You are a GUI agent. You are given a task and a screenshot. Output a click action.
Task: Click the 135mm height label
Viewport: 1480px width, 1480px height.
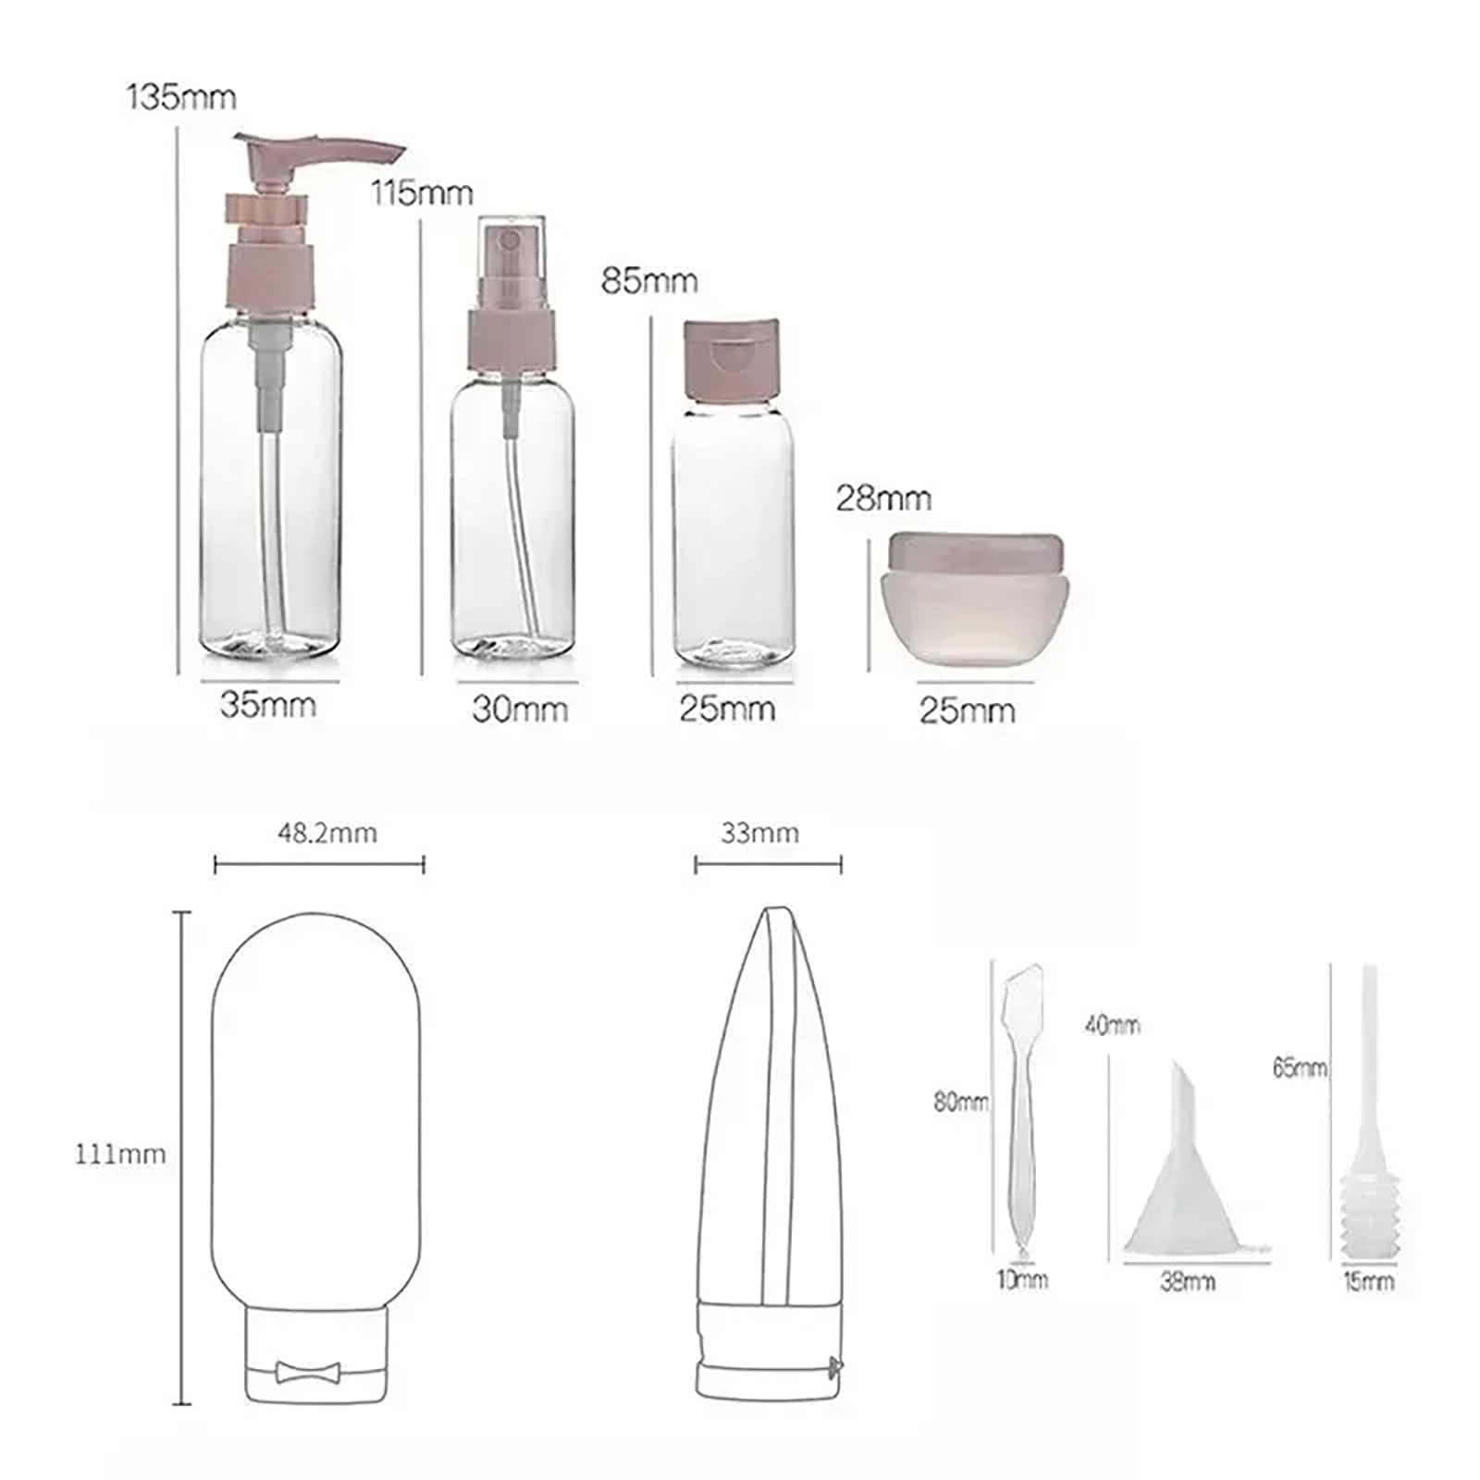click(181, 97)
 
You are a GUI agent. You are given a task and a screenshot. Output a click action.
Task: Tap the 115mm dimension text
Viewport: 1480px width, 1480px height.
click(422, 193)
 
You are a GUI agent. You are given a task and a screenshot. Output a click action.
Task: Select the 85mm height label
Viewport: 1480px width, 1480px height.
click(649, 280)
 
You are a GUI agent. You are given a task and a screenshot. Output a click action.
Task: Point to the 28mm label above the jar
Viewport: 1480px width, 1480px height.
click(883, 499)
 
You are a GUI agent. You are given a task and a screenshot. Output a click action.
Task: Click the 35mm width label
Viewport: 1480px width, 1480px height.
click(268, 705)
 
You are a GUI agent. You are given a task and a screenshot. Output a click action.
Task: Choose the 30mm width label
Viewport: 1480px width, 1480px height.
click(520, 709)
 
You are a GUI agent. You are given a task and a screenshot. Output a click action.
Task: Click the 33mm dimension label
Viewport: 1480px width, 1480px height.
click(759, 833)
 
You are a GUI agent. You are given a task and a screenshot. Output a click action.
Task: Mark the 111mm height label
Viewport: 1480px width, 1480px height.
click(120, 1154)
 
